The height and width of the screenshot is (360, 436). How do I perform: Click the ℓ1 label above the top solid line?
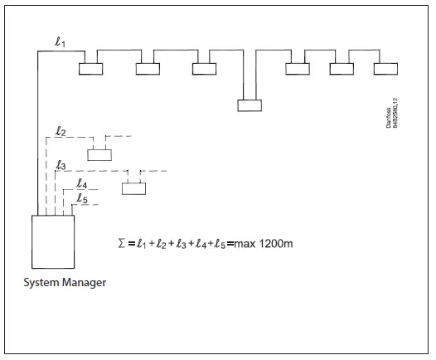coord(60,42)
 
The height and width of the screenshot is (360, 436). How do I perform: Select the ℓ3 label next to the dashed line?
coord(60,166)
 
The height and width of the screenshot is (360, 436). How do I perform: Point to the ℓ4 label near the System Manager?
coord(81,184)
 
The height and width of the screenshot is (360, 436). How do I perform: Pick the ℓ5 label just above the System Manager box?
coord(82,198)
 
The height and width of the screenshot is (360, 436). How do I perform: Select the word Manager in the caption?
coord(85,283)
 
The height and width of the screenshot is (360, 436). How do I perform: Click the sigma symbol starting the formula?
coord(123,245)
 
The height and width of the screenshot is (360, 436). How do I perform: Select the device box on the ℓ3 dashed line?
coord(133,187)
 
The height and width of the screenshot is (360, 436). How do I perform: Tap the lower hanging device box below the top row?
coord(249,105)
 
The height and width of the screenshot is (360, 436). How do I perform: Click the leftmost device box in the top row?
coord(90,69)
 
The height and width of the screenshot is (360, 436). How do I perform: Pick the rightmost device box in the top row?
coord(385,69)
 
